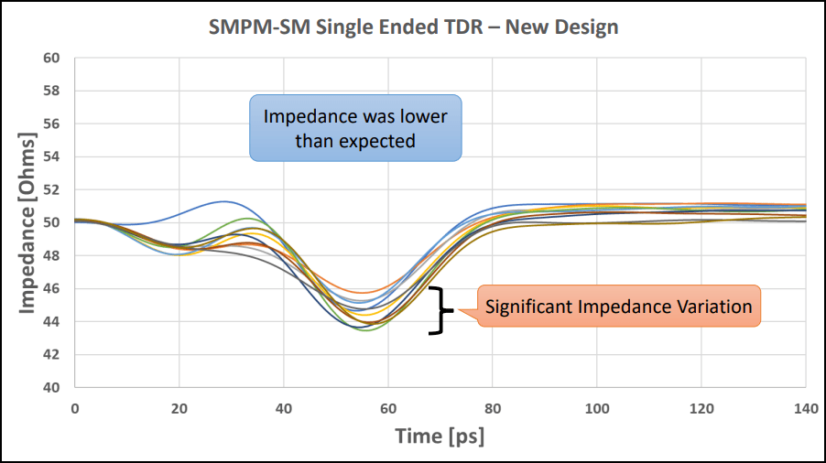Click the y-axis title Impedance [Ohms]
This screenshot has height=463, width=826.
tap(28, 222)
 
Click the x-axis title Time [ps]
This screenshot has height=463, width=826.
tap(440, 436)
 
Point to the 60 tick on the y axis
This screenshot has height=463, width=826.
tap(51, 58)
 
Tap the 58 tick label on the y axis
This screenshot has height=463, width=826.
tap(51, 91)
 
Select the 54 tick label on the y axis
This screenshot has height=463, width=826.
tap(51, 156)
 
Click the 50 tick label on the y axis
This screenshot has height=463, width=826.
tap(51, 222)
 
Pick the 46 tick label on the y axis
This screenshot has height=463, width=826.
tap(51, 288)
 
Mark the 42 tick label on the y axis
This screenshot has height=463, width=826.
tap(51, 354)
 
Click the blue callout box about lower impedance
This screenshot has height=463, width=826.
tap(355, 128)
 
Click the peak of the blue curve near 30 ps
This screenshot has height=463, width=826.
tap(223, 201)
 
